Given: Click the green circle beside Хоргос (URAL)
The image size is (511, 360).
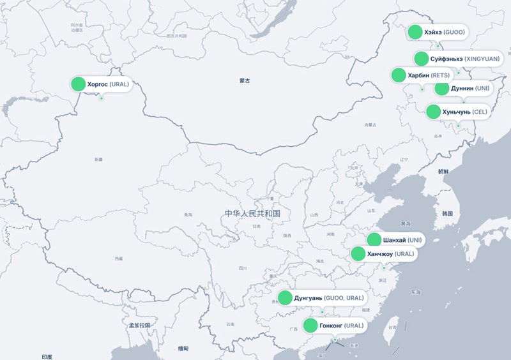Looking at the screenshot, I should click(78, 84).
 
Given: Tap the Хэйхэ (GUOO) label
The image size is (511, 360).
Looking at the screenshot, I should click(445, 32).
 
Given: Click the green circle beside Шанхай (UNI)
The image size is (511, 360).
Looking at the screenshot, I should click(374, 240).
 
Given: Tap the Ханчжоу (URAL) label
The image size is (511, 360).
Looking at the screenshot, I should click(390, 254).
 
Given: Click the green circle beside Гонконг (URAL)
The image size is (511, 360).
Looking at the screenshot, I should click(310, 326).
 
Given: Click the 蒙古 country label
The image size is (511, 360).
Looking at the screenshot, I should click(245, 80).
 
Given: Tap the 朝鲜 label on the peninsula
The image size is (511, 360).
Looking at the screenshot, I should click(443, 172).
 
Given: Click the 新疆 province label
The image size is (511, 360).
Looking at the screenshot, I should click(98, 159).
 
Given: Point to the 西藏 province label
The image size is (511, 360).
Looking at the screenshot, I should click(118, 259).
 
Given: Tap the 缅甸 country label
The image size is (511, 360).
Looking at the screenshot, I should click(183, 348).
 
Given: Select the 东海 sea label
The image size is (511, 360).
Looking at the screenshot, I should click(416, 292).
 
